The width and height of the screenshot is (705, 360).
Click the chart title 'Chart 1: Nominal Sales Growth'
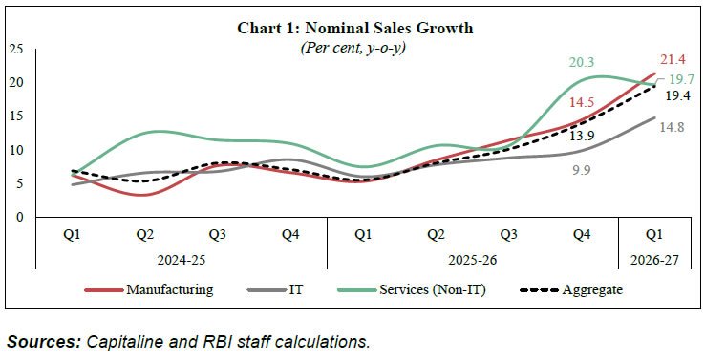point(354,29)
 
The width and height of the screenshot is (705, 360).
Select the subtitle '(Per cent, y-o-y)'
point(352,48)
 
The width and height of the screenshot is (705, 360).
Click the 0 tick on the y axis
point(20,217)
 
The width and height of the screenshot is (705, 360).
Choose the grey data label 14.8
point(673,128)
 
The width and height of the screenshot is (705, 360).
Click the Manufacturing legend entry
point(149,289)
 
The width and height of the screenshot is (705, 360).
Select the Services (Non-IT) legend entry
point(414,290)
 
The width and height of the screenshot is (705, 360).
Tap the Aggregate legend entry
point(571,290)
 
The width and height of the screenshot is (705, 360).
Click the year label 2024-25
point(181,260)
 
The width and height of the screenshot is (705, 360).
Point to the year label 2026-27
point(654,260)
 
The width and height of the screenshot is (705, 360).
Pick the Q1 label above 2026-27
point(654,235)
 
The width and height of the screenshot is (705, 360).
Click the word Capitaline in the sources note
point(116,342)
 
